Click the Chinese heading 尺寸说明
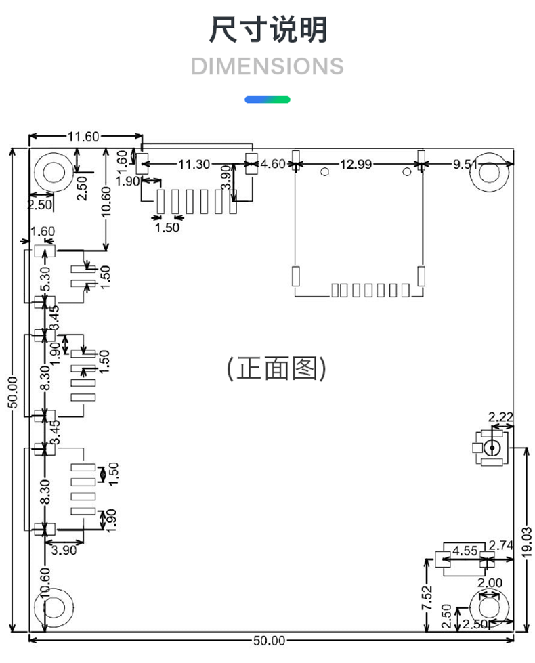pyautogui.click(x=268, y=30)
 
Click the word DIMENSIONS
pyautogui.click(x=267, y=66)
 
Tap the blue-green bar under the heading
pyautogui.click(x=267, y=100)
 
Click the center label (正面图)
pyautogui.click(x=276, y=368)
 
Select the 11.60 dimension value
pyautogui.click(x=83, y=137)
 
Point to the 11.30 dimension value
pyautogui.click(x=194, y=164)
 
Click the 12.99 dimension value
pyautogui.click(x=356, y=164)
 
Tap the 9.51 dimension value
pyautogui.click(x=465, y=164)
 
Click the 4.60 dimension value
pyautogui.click(x=273, y=164)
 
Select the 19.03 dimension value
pyautogui.click(x=527, y=542)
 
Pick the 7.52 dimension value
pyautogui.click(x=427, y=597)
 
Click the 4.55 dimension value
pyautogui.click(x=465, y=551)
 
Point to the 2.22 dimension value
pyautogui.click(x=500, y=417)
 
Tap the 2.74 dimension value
pyautogui.click(x=501, y=545)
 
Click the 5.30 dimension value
pyautogui.click(x=45, y=279)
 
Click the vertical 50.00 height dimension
pyautogui.click(x=13, y=392)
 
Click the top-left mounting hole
pyautogui.click(x=53, y=173)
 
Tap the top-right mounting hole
pyautogui.click(x=490, y=173)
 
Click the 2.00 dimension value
pyautogui.click(x=490, y=583)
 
